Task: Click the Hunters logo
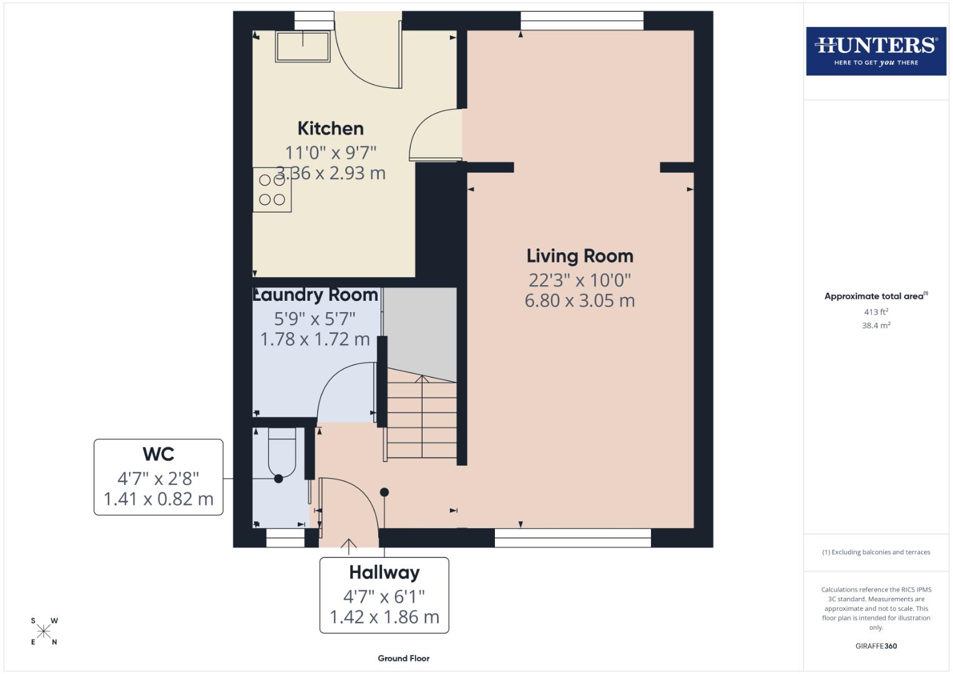tap(876, 51)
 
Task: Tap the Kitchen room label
tap(330, 129)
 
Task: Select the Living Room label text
tap(580, 256)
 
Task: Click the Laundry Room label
tap(315, 295)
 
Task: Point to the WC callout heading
tap(158, 454)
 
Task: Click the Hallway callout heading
tap(384, 572)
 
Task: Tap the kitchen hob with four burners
tap(272, 190)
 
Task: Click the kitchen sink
tap(303, 46)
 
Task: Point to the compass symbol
tap(44, 631)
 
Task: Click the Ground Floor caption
tap(403, 658)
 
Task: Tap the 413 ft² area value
tap(876, 312)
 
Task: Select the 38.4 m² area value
tap(876, 325)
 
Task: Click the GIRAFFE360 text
tap(876, 646)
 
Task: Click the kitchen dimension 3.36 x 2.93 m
tap(330, 173)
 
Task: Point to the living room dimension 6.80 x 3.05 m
tap(580, 301)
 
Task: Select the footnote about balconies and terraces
tap(876, 552)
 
